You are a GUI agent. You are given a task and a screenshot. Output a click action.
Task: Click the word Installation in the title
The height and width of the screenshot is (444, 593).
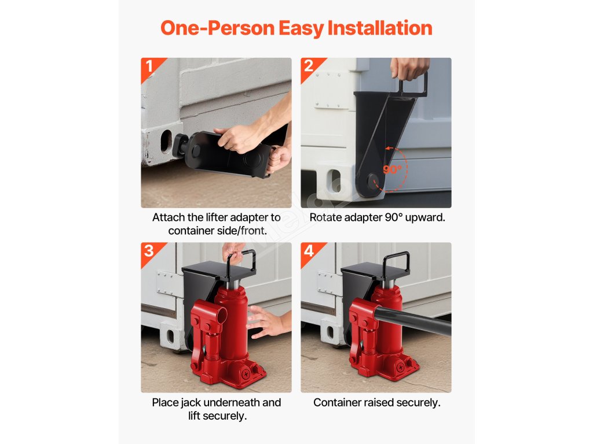pyautogui.click(x=380, y=28)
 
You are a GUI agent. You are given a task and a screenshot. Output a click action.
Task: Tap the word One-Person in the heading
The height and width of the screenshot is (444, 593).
pyautogui.click(x=218, y=28)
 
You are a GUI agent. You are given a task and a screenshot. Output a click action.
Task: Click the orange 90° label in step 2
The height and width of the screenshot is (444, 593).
pyautogui.click(x=392, y=169)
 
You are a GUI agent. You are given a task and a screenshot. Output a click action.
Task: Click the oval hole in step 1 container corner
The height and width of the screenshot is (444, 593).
pyautogui.click(x=166, y=142)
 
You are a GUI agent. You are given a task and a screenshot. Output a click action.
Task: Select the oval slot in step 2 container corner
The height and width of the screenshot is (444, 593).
pyautogui.click(x=333, y=181)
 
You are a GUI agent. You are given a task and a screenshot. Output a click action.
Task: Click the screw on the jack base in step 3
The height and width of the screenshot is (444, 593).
pyautogui.click(x=246, y=374)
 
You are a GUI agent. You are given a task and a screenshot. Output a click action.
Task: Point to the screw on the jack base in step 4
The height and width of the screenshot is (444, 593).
pyautogui.click(x=400, y=365)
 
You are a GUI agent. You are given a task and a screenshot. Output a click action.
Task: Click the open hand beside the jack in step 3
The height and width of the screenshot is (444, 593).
pyautogui.click(x=268, y=321)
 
